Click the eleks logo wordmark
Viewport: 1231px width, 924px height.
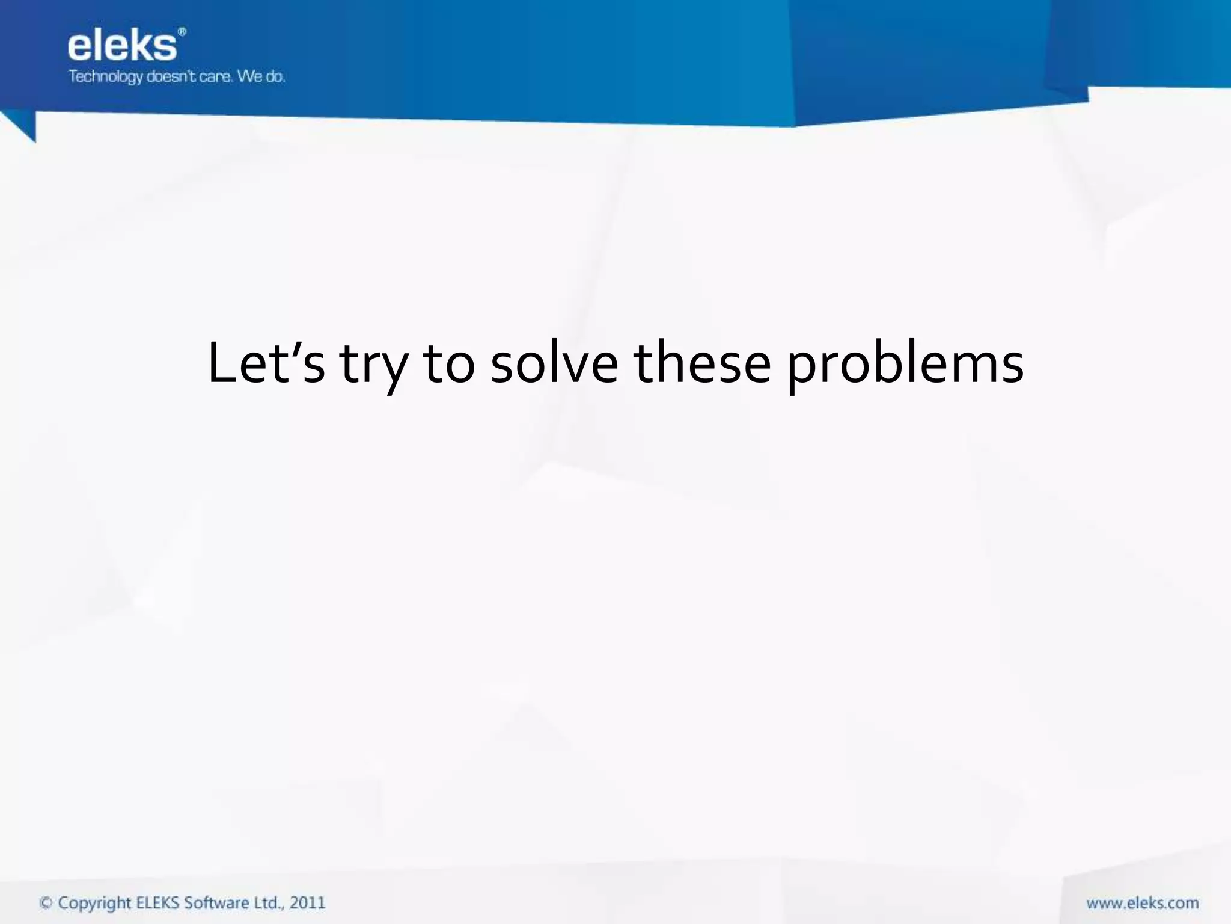click(x=122, y=46)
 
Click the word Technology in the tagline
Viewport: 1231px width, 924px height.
click(x=105, y=77)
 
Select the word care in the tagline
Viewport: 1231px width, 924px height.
click(x=215, y=76)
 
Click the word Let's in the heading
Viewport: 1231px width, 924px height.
click(x=266, y=363)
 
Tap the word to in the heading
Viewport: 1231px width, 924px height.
click(x=449, y=363)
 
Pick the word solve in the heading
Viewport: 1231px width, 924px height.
click(x=554, y=363)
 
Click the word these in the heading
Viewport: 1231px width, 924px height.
click(x=702, y=363)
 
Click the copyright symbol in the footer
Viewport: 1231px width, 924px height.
click(x=46, y=903)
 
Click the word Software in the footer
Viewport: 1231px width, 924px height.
click(x=218, y=903)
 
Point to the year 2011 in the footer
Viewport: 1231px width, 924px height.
click(x=307, y=903)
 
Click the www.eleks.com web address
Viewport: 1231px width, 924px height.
click(x=1142, y=903)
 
